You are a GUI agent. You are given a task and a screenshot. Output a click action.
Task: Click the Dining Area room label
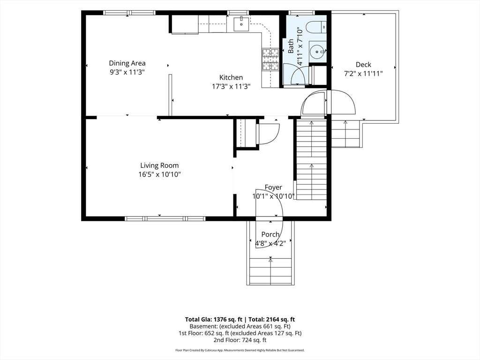[x=127, y=63]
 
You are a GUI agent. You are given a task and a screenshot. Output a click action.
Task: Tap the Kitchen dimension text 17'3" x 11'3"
[x=232, y=87]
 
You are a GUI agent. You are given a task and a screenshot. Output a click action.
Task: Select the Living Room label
[x=159, y=165]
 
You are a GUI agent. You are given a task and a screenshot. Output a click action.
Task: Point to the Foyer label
[x=273, y=187]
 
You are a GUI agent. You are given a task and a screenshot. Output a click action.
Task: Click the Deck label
[x=363, y=65]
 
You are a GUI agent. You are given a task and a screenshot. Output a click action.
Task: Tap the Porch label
[x=270, y=234]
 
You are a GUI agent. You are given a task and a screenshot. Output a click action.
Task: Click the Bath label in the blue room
[x=291, y=46]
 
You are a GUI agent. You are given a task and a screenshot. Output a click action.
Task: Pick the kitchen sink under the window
[x=241, y=24]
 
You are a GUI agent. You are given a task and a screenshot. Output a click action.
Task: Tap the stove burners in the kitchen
[x=270, y=59]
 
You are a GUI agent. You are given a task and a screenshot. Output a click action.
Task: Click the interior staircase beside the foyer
[x=311, y=159]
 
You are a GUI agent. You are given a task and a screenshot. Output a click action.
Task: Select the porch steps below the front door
[x=270, y=272]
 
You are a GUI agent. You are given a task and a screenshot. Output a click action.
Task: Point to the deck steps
[x=345, y=134]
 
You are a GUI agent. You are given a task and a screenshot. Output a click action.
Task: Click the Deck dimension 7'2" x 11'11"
[x=363, y=74]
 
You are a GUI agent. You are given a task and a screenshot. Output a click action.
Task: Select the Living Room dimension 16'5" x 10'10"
[x=159, y=175]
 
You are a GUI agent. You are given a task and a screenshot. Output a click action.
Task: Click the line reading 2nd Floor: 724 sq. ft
[x=240, y=340]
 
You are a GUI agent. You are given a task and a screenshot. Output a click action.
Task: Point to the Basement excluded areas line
[x=240, y=326]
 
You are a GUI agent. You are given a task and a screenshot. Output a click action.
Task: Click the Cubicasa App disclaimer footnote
[x=240, y=350]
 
